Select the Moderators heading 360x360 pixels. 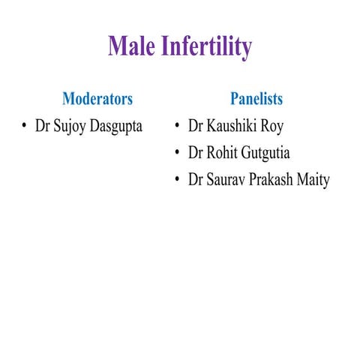(97, 98)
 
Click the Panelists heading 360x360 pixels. (256, 98)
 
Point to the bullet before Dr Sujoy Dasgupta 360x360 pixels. (25, 125)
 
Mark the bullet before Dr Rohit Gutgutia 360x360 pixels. (177, 153)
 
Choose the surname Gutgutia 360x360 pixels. (265, 153)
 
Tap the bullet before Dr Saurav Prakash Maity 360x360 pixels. (177, 181)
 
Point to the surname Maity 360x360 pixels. (314, 181)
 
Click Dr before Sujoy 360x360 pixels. (43, 125)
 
